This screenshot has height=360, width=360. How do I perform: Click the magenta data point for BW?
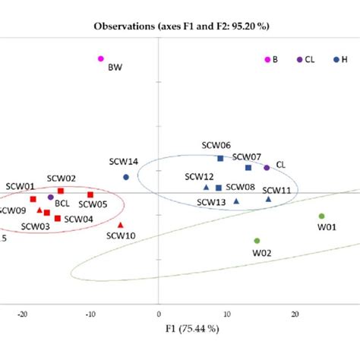pyautogui.click(x=100, y=58)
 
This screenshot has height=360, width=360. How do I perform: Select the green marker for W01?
pyautogui.click(x=321, y=216)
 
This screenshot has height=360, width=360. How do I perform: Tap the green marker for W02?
pyautogui.click(x=257, y=241)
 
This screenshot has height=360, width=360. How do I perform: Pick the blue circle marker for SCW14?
pyautogui.click(x=126, y=177)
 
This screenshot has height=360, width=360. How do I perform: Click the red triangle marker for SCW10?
pyautogui.click(x=121, y=225)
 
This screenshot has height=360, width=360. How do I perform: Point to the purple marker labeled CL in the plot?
pyautogui.click(x=267, y=168)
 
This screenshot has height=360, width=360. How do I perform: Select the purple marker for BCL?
pyautogui.click(x=50, y=197)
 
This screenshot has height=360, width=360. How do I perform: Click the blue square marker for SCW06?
pyautogui.click(x=220, y=158)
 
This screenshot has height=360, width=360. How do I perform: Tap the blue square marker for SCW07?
pyautogui.click(x=248, y=168)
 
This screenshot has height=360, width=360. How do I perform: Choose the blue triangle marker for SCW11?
pyautogui.click(x=268, y=199)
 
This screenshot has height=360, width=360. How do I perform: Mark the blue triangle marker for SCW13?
pyautogui.click(x=236, y=201)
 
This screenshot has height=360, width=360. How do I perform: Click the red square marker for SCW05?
pyautogui.click(x=90, y=194)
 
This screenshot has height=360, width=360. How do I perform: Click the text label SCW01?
pyautogui.click(x=21, y=185)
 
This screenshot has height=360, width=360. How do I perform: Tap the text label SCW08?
pyautogui.click(x=240, y=187)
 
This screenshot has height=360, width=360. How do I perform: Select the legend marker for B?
pyautogui.click(x=267, y=59)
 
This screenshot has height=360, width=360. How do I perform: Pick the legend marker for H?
pyautogui.click(x=336, y=59)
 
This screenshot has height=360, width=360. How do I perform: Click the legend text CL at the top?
pyautogui.click(x=310, y=59)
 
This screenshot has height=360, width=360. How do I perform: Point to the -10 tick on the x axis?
pyautogui.click(x=90, y=313)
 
